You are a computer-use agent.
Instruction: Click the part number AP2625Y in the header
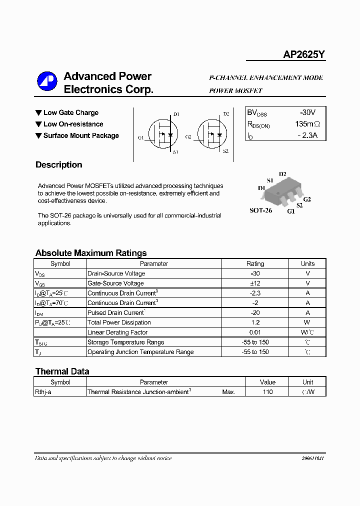point(304,55)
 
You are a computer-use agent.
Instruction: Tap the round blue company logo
point(48,82)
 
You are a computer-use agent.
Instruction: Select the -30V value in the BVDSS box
point(307,113)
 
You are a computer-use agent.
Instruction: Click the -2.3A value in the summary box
point(307,135)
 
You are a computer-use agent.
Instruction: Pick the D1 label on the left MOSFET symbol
point(176,114)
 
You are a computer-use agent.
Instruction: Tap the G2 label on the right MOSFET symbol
point(188,136)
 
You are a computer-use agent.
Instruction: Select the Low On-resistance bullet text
point(73,124)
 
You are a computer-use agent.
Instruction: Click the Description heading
point(58,165)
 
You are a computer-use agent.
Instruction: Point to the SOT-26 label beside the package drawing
point(260,210)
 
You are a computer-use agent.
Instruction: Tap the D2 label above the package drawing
point(282,174)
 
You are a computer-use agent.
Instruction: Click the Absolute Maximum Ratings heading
point(91,253)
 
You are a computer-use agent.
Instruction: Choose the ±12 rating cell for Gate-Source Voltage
point(255,283)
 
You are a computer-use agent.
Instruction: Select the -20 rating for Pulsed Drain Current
point(255,312)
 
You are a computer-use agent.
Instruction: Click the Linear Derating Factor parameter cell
point(117,332)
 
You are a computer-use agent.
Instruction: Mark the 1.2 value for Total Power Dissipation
point(255,322)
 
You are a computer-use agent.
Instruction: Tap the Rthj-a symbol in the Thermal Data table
point(43,392)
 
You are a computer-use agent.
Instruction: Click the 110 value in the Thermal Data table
point(267,392)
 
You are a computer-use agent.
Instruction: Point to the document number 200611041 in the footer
point(312,458)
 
